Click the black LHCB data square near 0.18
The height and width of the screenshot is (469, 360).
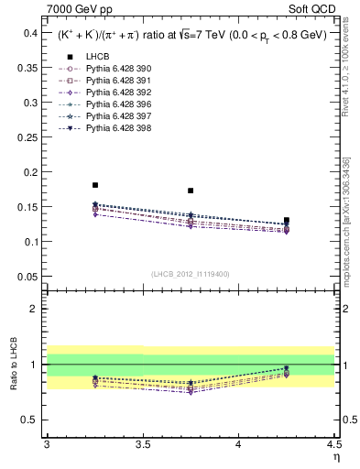click(94, 185)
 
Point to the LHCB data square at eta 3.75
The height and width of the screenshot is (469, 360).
click(191, 191)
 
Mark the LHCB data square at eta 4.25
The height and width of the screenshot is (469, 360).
click(287, 220)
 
